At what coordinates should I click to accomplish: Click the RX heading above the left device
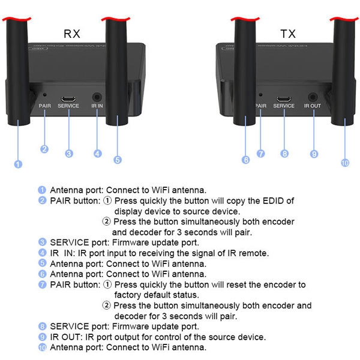click(x=71, y=34)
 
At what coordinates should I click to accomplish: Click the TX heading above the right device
click(x=289, y=34)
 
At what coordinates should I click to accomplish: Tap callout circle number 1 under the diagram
click(x=18, y=164)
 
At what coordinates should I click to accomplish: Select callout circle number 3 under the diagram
click(x=70, y=154)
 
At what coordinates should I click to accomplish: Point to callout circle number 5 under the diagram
click(x=118, y=160)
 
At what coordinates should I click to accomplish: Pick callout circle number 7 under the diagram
click(x=260, y=154)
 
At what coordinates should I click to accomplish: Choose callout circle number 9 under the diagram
click(x=314, y=154)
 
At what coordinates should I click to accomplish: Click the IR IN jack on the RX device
click(x=97, y=96)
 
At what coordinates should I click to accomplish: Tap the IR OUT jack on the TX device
click(x=313, y=96)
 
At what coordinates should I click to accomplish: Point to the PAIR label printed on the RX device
click(x=44, y=106)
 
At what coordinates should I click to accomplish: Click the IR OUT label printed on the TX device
click(x=313, y=106)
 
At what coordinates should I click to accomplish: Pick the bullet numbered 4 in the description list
click(x=42, y=253)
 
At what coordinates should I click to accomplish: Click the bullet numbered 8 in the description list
click(x=42, y=326)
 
